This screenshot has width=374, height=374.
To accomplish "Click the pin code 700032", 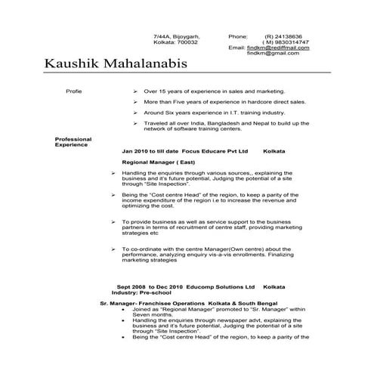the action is tap(187, 42).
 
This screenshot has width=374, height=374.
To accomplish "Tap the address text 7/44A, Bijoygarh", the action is tap(177, 36).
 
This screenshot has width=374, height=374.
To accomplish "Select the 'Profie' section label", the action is tap(73, 91).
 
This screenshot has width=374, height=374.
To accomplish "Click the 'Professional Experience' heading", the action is tap(73, 141).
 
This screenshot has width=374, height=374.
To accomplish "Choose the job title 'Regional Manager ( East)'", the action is tap(156, 162).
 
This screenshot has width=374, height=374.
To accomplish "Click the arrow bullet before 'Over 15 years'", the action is tap(134, 91).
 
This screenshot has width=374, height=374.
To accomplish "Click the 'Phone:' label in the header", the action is tap(238, 36).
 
